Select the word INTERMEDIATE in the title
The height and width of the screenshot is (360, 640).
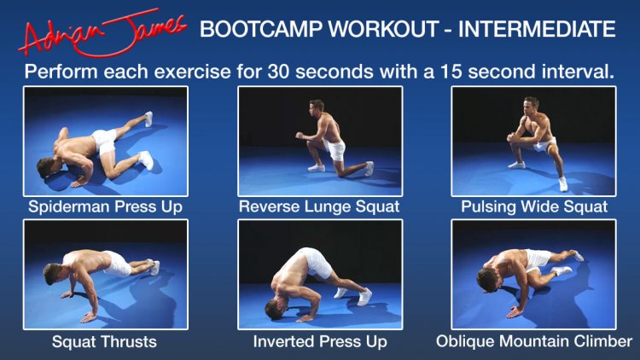[537, 29]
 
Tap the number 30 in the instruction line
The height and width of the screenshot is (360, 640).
[279, 72]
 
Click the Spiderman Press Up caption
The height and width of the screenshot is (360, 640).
[105, 207]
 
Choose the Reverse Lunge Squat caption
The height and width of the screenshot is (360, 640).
[319, 207]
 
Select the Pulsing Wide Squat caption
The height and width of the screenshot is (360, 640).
[534, 207]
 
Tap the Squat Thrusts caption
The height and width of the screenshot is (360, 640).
[104, 341]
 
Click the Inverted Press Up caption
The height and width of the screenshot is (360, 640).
[320, 341]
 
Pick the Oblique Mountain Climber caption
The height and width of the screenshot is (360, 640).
[534, 341]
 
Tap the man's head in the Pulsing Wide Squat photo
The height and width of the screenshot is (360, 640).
[532, 105]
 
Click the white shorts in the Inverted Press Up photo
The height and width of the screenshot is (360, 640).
[316, 262]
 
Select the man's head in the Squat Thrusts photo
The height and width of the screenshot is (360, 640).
[53, 274]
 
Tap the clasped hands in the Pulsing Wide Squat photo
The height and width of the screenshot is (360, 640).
[511, 137]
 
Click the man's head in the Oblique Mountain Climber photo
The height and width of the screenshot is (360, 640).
[488, 280]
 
